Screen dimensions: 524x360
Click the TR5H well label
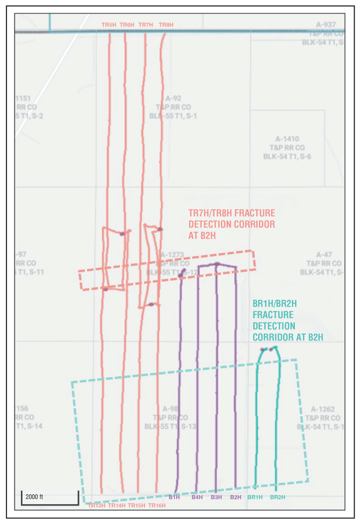109,25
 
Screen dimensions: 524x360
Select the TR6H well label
127,25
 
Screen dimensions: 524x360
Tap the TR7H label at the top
146,25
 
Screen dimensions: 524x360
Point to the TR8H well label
166,25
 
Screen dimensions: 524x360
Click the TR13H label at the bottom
96,505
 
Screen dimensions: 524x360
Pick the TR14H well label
117,505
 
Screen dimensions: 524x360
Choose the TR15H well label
136,505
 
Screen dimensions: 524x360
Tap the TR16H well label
157,505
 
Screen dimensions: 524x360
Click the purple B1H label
174,497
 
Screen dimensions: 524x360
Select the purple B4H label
197,497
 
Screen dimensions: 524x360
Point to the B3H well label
216,497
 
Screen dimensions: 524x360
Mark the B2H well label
235,497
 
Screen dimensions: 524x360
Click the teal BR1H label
255,497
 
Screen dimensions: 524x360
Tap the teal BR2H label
278,497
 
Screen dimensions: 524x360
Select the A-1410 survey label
287,139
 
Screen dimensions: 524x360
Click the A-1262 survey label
323,409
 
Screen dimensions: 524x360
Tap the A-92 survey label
173,99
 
